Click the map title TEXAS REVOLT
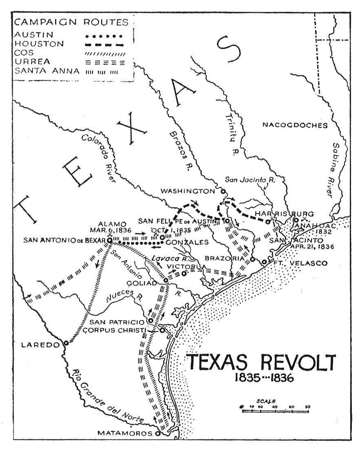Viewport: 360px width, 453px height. coord(261,362)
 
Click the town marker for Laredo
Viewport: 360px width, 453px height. coord(66,343)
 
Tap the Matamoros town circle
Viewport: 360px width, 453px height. coord(158,433)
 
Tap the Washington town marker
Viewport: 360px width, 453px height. coord(223,191)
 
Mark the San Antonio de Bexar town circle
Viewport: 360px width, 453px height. coord(110,241)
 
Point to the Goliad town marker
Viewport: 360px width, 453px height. coord(166,281)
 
